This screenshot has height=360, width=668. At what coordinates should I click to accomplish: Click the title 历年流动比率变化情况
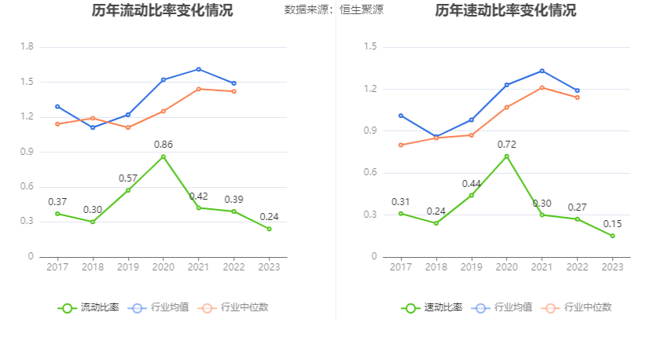[x=162, y=11]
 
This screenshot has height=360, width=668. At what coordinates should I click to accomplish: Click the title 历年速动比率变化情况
[x=505, y=11]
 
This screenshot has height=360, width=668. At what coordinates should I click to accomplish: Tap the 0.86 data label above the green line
[x=163, y=145]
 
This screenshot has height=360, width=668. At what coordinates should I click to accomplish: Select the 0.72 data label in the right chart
[x=506, y=145]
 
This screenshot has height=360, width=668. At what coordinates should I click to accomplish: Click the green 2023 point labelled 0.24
[x=269, y=229]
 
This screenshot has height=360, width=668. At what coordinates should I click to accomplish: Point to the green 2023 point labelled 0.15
[x=612, y=236]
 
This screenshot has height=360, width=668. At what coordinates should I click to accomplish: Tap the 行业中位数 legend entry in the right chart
[x=581, y=307]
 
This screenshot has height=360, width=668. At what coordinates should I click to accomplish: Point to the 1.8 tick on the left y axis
[x=27, y=47]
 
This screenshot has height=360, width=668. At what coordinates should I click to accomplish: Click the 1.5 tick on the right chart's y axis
[x=370, y=47]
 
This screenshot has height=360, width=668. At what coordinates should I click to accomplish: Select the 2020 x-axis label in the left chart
[x=163, y=267]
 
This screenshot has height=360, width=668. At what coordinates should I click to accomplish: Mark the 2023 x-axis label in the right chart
[x=612, y=267]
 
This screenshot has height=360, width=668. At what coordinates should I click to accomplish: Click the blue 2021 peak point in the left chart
[x=198, y=69]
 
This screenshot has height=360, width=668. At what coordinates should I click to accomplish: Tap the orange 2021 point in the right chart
[x=541, y=87]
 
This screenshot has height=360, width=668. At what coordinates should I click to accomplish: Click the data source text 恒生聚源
[x=362, y=10]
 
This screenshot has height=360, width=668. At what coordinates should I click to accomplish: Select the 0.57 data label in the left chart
[x=128, y=178]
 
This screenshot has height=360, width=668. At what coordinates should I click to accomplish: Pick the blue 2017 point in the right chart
[x=401, y=116]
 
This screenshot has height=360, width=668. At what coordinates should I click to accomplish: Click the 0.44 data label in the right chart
[x=472, y=183]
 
